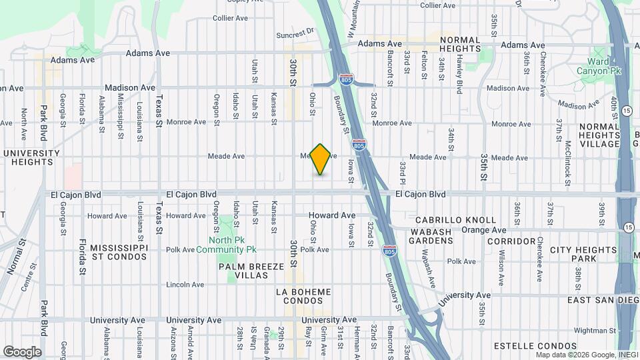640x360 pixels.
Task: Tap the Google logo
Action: pos(22,351)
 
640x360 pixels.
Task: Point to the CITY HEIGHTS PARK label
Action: pos(583,253)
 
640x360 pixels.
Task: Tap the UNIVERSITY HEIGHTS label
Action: pos(31,158)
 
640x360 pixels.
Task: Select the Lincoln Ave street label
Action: pos(185,285)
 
